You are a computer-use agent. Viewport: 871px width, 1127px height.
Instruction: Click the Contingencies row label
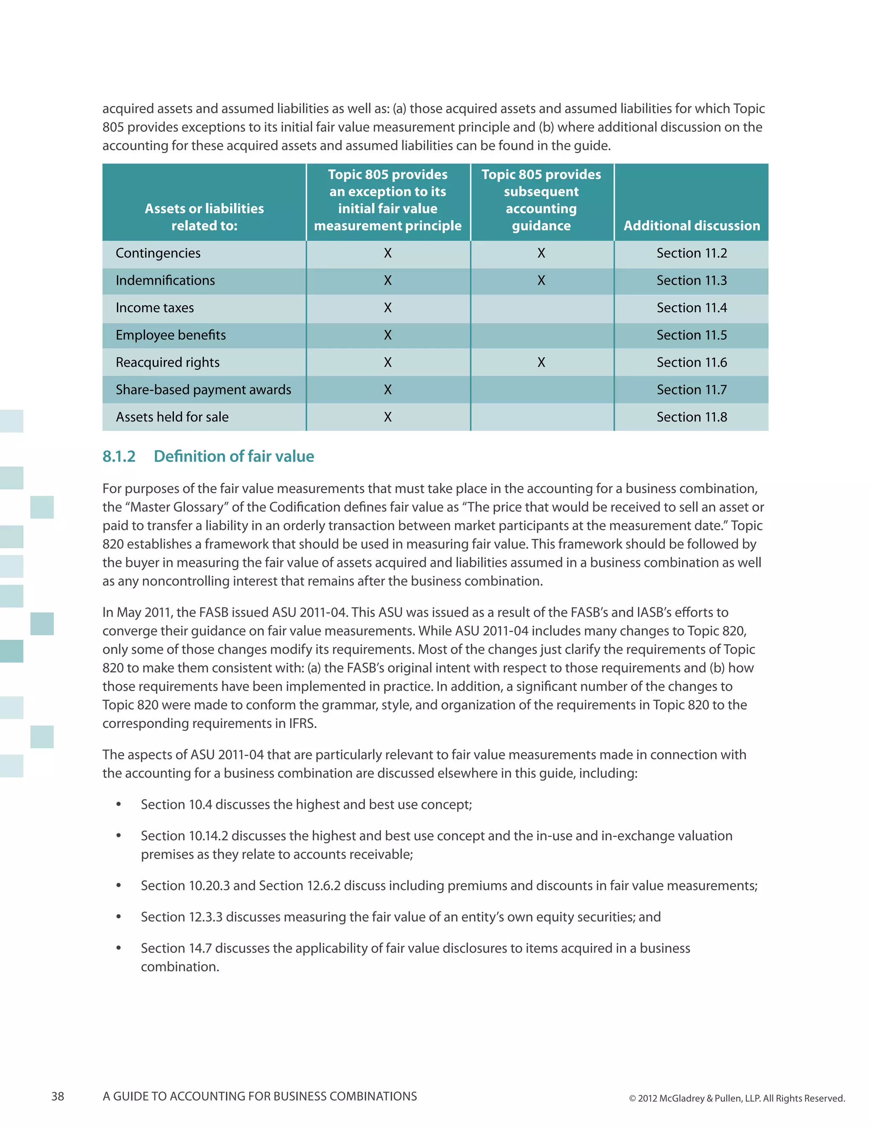pyautogui.click(x=158, y=253)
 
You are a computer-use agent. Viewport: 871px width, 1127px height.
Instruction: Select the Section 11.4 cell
pyautogui.click(x=691, y=308)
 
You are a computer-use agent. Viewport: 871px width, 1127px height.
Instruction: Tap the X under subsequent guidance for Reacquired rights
pyautogui.click(x=541, y=363)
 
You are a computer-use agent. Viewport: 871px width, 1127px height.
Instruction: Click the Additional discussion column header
pyautogui.click(x=692, y=225)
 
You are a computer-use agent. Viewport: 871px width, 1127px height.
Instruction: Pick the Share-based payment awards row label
pyautogui.click(x=203, y=390)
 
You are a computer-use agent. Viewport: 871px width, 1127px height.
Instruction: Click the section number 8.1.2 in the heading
pyautogui.click(x=119, y=457)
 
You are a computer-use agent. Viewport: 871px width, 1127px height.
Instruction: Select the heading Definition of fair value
pyautogui.click(x=234, y=457)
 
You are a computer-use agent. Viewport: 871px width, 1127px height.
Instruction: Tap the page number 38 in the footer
pyautogui.click(x=58, y=1096)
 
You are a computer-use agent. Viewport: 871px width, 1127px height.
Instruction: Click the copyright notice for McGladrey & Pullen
pyautogui.click(x=736, y=1098)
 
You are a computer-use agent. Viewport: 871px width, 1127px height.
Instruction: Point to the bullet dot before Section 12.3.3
pyautogui.click(x=119, y=917)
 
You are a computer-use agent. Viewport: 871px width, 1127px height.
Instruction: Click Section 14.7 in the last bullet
pyautogui.click(x=176, y=948)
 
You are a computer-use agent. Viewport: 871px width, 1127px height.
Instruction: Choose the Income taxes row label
pyautogui.click(x=155, y=308)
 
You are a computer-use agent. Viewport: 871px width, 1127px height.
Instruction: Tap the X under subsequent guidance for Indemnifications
pyautogui.click(x=541, y=281)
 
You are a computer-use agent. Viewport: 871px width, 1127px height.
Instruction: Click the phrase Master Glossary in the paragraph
pyautogui.click(x=176, y=507)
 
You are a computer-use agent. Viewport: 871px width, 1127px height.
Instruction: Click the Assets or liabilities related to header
pyautogui.click(x=204, y=217)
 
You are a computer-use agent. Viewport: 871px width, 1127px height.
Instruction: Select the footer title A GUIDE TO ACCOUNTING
pyautogui.click(x=259, y=1096)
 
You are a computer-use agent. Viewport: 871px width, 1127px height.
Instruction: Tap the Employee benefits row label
pyautogui.click(x=171, y=336)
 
